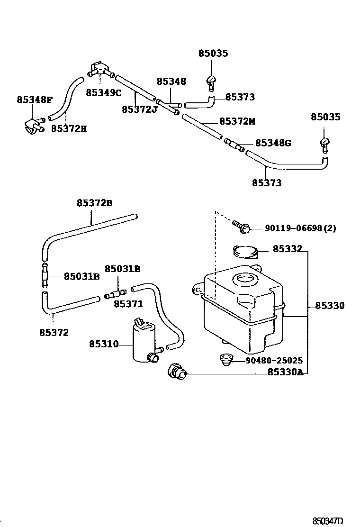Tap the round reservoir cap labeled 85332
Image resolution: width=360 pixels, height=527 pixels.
[245, 251]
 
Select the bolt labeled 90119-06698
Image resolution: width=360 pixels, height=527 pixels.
[242, 226]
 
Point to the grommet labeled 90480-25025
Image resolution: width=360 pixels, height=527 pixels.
[225, 360]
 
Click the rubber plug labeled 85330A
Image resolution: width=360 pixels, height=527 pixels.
[177, 372]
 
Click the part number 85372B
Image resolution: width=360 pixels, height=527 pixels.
[95, 203]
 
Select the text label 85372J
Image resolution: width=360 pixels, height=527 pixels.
[139, 109]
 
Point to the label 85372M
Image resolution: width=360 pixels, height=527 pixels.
[237, 121]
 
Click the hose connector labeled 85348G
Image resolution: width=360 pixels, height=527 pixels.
[234, 145]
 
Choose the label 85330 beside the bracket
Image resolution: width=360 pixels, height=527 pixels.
[330, 306]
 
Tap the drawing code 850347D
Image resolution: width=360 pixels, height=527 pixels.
[328, 521]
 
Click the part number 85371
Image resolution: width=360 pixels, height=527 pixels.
[128, 304]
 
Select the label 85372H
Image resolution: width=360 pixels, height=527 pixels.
[69, 128]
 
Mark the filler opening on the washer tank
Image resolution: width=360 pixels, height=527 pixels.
[246, 278]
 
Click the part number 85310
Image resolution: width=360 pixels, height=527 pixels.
[104, 344]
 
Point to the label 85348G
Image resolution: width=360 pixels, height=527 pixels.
[273, 143]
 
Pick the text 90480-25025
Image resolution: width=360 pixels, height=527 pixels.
[274, 361]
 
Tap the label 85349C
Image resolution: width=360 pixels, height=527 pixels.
[104, 93]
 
